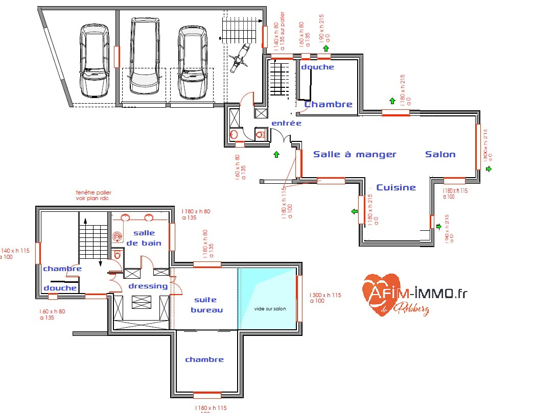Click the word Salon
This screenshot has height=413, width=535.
point(440,154)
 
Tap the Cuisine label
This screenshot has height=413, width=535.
point(396,187)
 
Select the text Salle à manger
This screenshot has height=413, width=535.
point(355,154)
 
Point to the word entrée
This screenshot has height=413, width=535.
point(286,123)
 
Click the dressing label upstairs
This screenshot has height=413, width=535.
point(148,286)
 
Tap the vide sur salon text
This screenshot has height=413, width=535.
point(269,309)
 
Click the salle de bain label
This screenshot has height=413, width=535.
point(144,238)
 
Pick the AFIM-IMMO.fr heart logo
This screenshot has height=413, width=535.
point(381,294)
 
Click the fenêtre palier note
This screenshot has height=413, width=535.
point(92,195)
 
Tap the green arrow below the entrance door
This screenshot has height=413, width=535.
point(276,154)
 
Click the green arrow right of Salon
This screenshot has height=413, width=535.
point(489,168)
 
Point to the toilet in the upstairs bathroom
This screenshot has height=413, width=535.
point(118,254)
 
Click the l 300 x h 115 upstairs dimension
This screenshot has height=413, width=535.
point(325,298)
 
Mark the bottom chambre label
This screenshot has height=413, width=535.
point(204,359)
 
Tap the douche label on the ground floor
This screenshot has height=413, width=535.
point(317,67)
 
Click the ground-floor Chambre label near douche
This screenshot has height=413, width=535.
point(329,104)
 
